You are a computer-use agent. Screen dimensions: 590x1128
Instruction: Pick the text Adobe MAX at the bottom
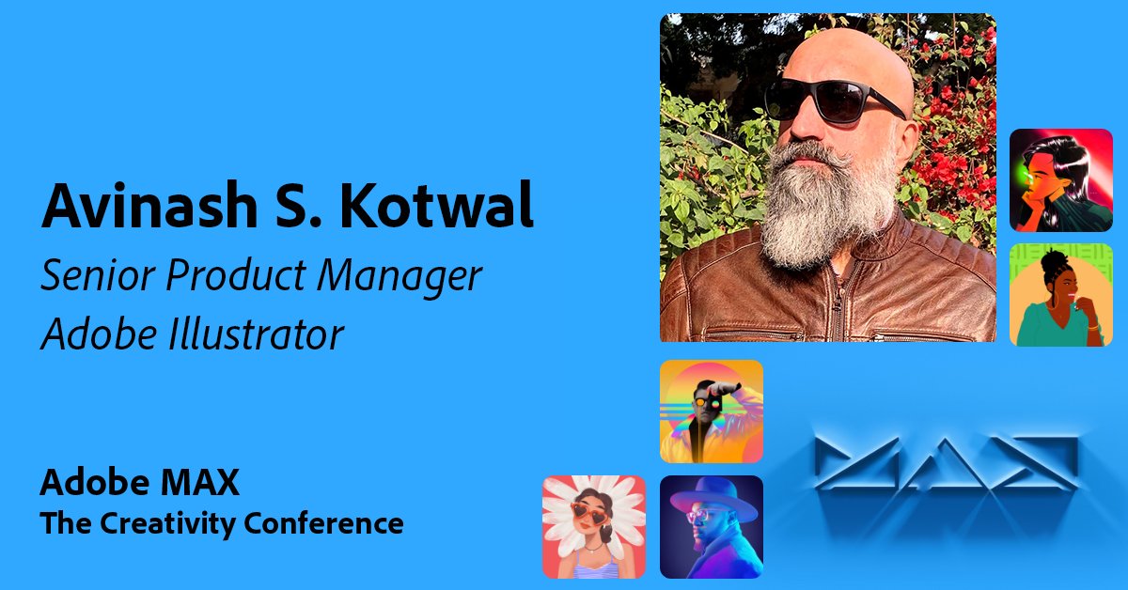point(139,483)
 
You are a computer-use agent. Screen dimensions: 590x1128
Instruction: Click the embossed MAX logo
point(945,465)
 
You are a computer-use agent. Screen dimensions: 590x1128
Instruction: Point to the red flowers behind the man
point(949,169)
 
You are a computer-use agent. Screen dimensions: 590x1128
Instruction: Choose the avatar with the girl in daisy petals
point(594,526)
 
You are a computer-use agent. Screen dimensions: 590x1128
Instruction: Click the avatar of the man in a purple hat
point(711,526)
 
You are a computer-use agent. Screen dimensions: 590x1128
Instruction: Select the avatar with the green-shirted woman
point(1060,295)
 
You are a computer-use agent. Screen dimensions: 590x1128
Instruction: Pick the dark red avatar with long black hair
point(1060,179)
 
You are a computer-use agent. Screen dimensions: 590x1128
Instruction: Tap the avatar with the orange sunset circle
point(711,411)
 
